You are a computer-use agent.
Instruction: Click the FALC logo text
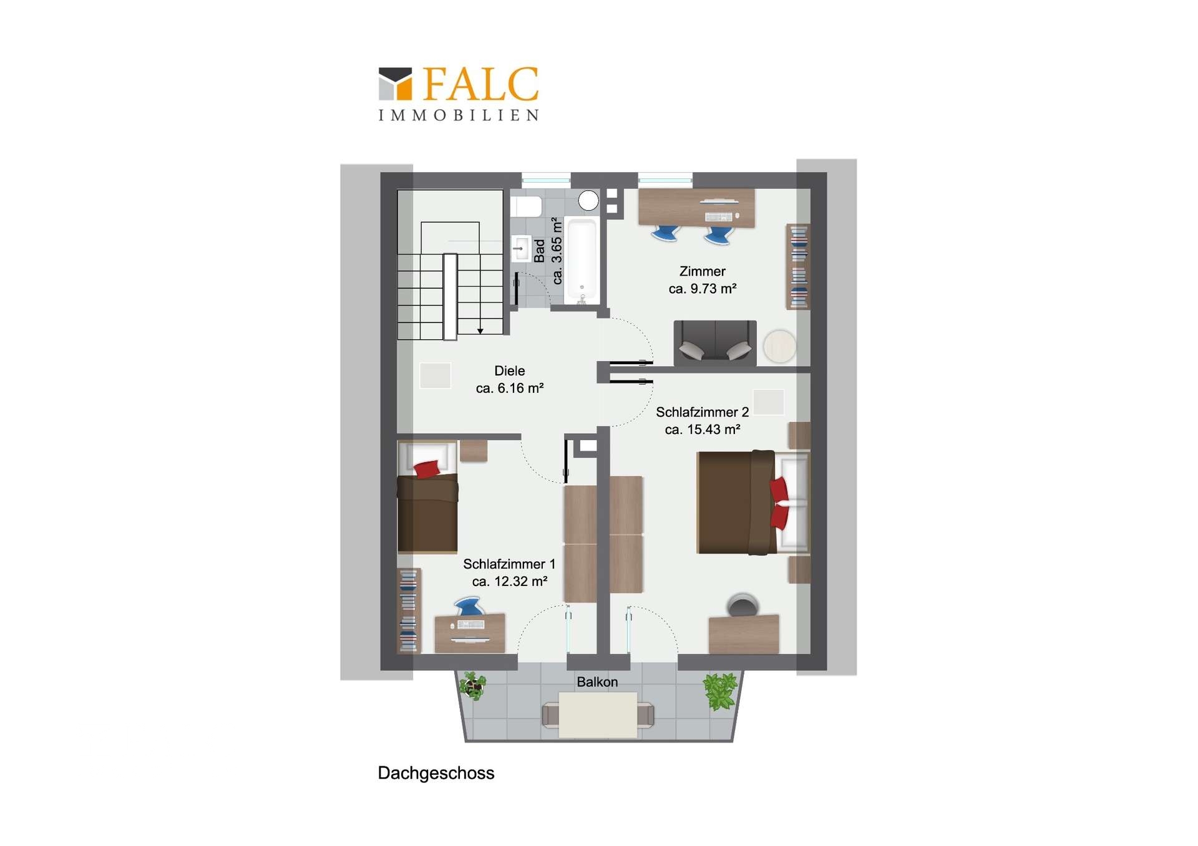[x=480, y=84]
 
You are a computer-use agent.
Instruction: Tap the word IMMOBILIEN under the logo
[x=459, y=115]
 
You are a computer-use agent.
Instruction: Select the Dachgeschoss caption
[x=436, y=773]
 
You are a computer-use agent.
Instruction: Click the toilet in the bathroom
[x=526, y=206]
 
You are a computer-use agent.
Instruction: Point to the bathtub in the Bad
[x=582, y=262]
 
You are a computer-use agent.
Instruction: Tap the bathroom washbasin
[x=521, y=249]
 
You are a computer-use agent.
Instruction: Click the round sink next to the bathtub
[x=588, y=201]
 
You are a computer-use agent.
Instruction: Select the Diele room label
[x=510, y=371]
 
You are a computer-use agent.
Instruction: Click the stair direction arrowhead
[x=480, y=331]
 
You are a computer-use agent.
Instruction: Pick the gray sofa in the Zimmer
[x=715, y=343]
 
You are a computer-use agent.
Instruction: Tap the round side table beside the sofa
[x=780, y=346]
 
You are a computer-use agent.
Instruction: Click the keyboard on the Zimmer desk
[x=719, y=217]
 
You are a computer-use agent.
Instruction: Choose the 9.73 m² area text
[x=703, y=289]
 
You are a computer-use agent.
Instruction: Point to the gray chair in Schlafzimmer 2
[x=743, y=605]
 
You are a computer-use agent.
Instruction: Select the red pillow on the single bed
[x=427, y=469]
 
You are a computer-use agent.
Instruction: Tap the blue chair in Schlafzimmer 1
[x=469, y=606]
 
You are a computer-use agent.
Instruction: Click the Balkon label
[x=597, y=682]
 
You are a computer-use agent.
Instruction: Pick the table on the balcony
[x=598, y=715]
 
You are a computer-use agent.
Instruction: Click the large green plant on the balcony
[x=721, y=691]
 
